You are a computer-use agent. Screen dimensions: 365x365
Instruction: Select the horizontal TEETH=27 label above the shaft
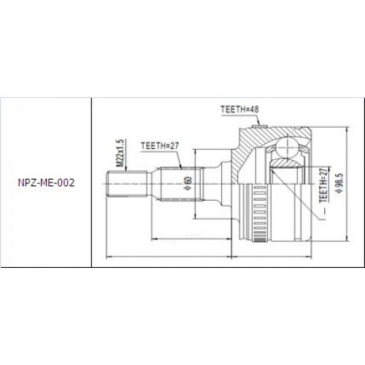pyautogui.click(x=160, y=146)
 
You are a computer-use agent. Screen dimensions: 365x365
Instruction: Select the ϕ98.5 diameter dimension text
pyautogui.click(x=338, y=187)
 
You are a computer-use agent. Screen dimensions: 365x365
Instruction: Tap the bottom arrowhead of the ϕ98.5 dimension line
pyautogui.click(x=344, y=242)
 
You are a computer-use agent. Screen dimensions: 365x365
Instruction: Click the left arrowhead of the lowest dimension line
pyautogui.click(x=109, y=256)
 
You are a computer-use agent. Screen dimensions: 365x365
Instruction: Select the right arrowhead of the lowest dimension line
pyautogui.click(x=316, y=256)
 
